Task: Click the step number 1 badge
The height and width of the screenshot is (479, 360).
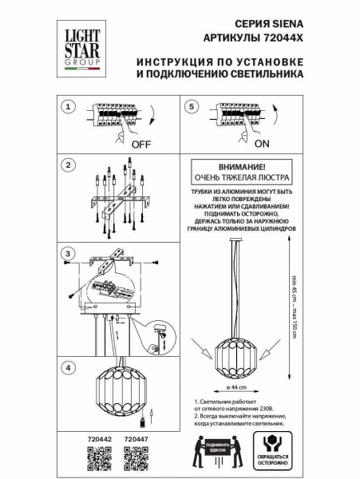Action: pos(69,107)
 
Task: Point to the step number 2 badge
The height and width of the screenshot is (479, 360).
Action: pos(69,165)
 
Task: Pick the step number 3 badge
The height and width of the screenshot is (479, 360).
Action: pos(69,254)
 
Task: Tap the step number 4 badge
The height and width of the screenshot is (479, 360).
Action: pos(69,368)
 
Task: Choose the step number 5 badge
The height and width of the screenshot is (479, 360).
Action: pos(189,107)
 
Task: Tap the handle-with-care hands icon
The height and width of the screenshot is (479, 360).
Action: pos(275,448)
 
